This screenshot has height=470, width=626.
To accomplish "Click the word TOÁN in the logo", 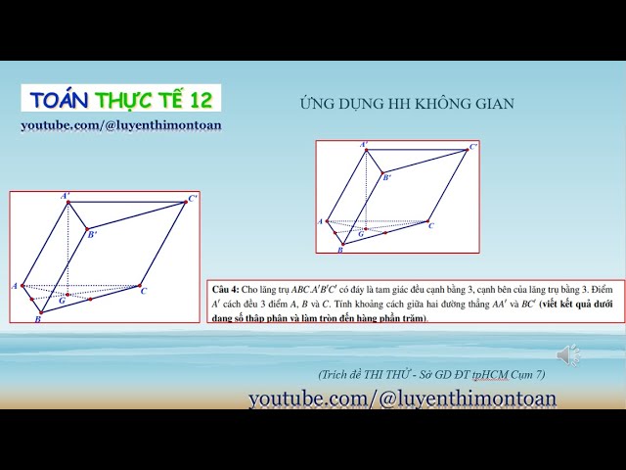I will pos(60,99).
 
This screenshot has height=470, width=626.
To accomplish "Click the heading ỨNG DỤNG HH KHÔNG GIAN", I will pos(406,104).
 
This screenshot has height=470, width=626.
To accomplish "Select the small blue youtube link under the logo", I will pos(121,125).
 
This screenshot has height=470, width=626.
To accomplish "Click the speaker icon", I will pos(567,354).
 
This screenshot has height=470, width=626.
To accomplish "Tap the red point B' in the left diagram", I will pos(86,229).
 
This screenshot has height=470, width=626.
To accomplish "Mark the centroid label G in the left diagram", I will pos(62,301).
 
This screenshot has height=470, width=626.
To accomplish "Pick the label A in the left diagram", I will pos(15,285).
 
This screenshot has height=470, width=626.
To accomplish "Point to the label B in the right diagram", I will pos(339,251).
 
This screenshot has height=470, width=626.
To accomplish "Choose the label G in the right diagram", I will pos(361,234).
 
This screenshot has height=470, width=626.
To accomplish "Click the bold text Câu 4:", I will pos(226,291).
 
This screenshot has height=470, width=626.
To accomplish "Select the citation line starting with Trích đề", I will pos(431,375).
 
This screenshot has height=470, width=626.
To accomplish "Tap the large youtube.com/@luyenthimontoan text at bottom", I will pos(402,399).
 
